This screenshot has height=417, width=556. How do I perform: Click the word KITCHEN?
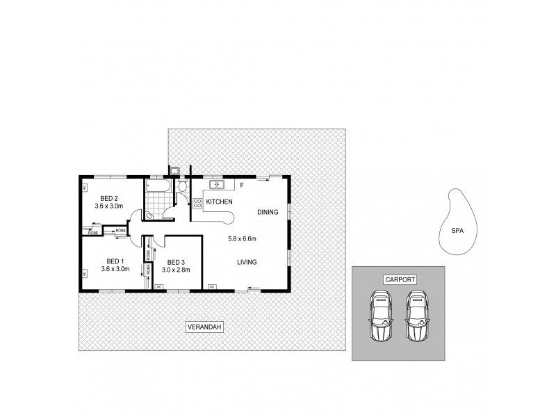pyautogui.click(x=218, y=202)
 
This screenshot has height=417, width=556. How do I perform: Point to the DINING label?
pyautogui.click(x=268, y=212)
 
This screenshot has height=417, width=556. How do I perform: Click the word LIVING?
pyautogui.click(x=247, y=262)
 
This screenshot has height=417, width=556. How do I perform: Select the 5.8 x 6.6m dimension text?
pyautogui.click(x=242, y=239)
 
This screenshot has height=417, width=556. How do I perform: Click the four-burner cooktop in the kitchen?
pyautogui.click(x=197, y=203)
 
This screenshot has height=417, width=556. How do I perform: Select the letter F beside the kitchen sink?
pyautogui.click(x=241, y=186)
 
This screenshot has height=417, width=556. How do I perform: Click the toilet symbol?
pyautogui.click(x=182, y=188)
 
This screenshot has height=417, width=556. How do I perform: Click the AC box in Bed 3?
pyautogui.click(x=158, y=286)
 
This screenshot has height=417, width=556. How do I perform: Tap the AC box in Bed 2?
pyautogui.click(x=85, y=188)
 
